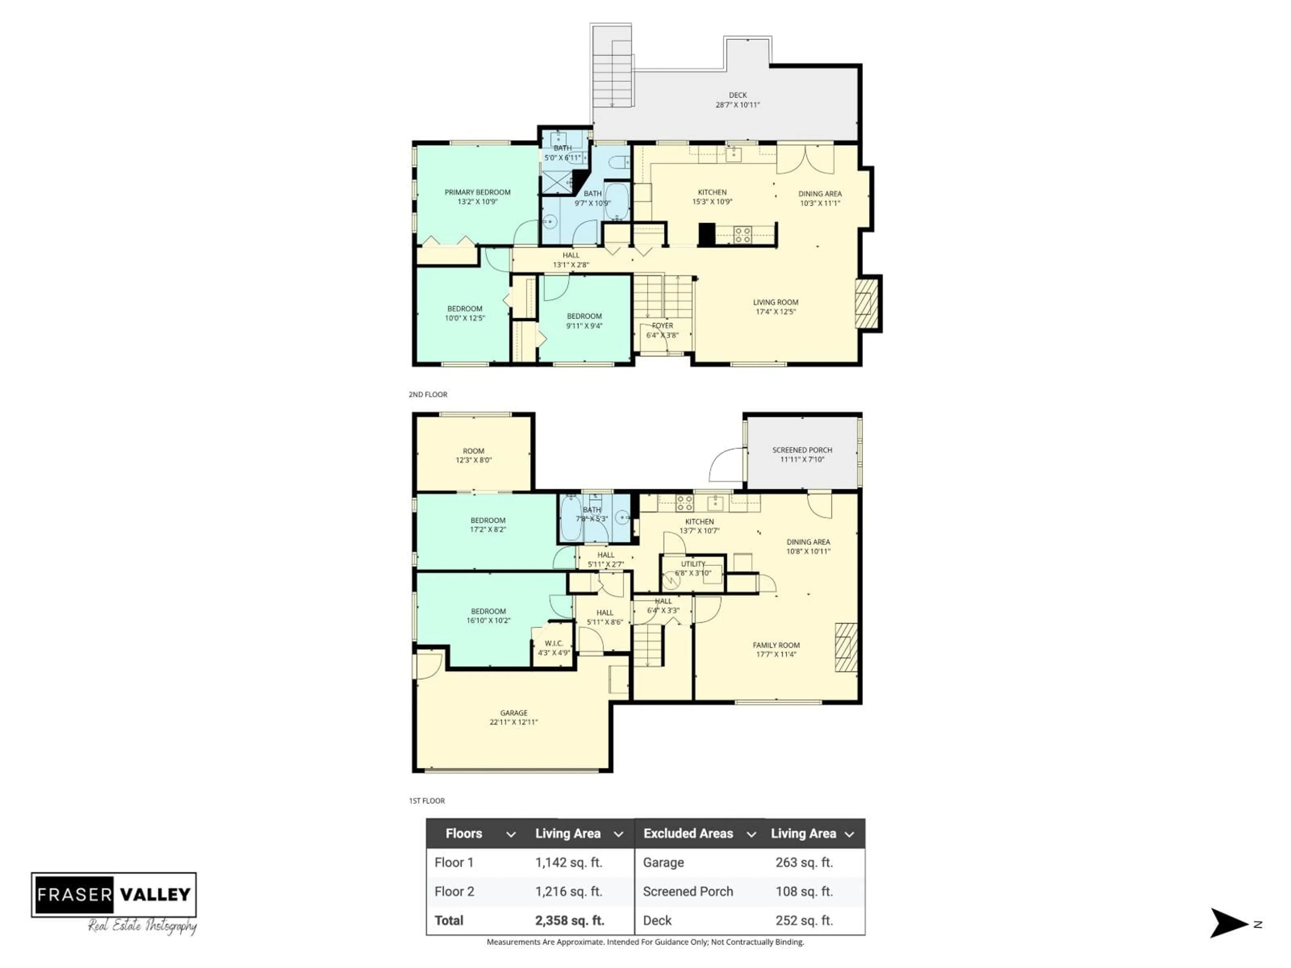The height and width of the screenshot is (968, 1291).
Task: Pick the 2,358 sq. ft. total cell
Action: [x=569, y=920]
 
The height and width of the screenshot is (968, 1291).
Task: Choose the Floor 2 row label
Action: [x=454, y=891]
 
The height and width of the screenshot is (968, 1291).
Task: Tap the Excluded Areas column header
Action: [x=688, y=833]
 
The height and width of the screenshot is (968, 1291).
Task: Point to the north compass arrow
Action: [x=1228, y=923]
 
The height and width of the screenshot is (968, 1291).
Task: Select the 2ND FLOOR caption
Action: [x=428, y=395]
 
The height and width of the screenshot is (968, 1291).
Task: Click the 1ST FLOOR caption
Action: [x=427, y=801]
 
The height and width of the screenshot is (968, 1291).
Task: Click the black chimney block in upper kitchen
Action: [x=707, y=234]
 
